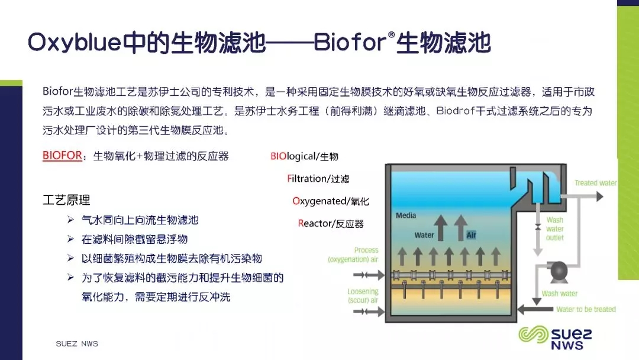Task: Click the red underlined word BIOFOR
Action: [62, 156]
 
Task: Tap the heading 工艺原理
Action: [66, 200]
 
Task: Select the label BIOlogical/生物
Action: [305, 156]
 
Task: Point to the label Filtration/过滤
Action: [318, 179]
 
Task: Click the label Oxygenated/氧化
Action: [331, 201]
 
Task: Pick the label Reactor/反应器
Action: [331, 223]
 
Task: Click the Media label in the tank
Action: [406, 216]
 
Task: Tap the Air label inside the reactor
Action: [471, 235]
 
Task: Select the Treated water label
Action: [595, 183]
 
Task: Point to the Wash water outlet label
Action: [554, 229]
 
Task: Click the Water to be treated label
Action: [586, 310]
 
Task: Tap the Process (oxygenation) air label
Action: [353, 255]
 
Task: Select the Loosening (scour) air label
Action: [363, 296]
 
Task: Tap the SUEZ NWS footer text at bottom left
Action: [77, 343]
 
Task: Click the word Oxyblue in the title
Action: [75, 43]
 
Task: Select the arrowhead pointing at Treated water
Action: [599, 197]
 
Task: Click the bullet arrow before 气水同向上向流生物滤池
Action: [70, 220]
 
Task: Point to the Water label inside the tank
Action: [424, 235]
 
